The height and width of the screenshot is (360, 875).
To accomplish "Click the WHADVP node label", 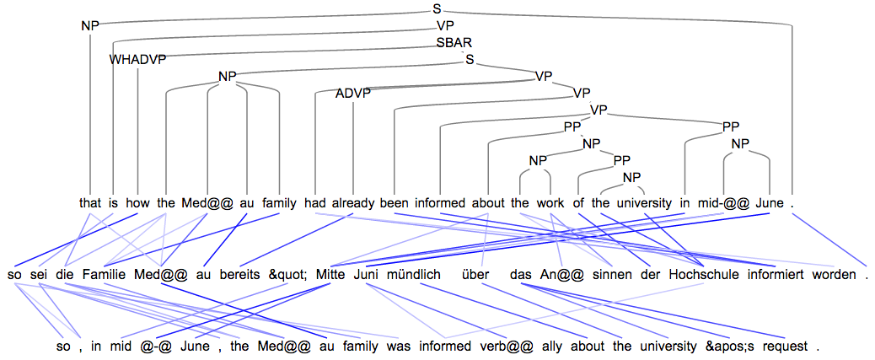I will click(x=138, y=59).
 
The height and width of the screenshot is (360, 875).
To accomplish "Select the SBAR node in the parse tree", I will click(x=454, y=42).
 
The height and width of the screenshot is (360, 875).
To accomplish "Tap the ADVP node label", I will click(x=353, y=93).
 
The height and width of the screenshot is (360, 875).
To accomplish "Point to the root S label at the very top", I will click(x=437, y=8).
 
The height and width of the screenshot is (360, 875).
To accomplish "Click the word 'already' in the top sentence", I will click(x=353, y=203).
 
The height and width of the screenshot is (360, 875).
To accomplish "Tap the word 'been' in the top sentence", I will click(x=394, y=203).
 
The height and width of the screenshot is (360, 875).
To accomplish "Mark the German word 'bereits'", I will click(x=244, y=274).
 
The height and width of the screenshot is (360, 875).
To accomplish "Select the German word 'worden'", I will click(x=834, y=274).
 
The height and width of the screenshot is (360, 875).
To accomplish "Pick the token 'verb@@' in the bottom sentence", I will click(x=490, y=346).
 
